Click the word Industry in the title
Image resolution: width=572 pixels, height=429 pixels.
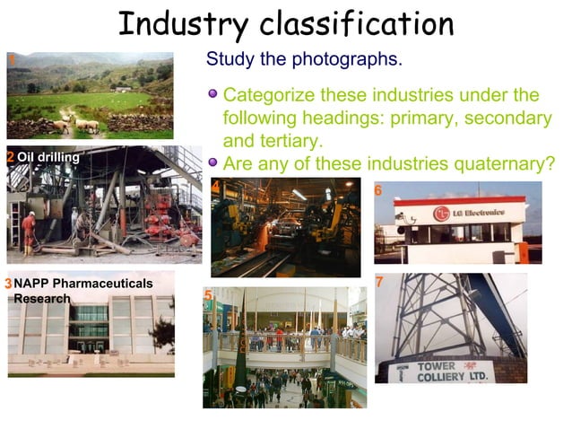click(186, 24)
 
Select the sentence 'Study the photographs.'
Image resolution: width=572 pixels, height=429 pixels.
click(304, 60)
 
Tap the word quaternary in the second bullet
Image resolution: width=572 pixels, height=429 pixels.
click(504, 163)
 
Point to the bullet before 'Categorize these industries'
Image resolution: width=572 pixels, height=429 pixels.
click(212, 94)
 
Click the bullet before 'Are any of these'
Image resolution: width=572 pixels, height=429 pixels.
click(212, 162)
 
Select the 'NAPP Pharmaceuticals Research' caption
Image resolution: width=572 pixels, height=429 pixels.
click(82, 291)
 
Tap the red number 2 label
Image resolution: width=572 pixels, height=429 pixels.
click(10, 158)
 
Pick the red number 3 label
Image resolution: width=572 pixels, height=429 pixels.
click(8, 285)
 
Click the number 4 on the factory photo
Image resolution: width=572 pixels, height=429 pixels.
click(215, 186)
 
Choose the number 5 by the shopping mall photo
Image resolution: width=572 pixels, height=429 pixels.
click(207, 295)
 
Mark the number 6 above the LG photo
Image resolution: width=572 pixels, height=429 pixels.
click(377, 190)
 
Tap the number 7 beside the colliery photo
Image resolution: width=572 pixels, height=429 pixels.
click(379, 282)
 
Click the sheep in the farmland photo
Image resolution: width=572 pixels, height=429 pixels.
click(85, 124)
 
